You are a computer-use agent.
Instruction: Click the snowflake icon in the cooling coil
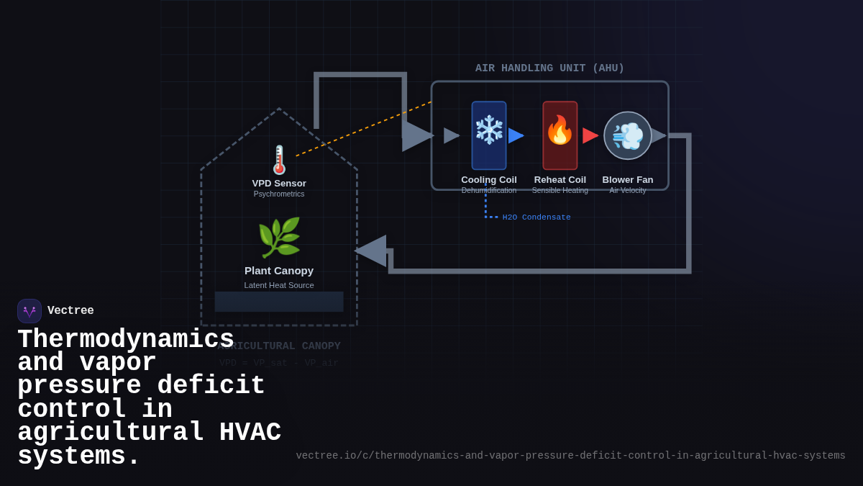[489, 130]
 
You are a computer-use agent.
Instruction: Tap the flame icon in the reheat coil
[560, 130]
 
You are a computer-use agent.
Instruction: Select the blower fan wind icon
[628, 135]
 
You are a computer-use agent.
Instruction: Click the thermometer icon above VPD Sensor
[279, 160]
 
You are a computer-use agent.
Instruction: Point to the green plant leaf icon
[279, 238]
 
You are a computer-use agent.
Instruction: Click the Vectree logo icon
[29, 311]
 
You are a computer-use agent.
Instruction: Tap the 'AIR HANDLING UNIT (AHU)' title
[549, 68]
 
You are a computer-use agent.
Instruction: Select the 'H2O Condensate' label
[536, 217]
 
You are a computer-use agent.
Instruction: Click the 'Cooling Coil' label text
[489, 180]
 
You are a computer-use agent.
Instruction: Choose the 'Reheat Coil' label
[560, 180]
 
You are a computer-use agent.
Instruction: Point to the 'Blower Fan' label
[628, 180]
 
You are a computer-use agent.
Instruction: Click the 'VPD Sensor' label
[279, 184]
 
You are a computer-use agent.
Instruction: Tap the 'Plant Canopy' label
[279, 271]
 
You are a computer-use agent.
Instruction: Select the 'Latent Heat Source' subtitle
[279, 285]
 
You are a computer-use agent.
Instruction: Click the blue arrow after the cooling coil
[516, 135]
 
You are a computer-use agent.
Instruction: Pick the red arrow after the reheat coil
[590, 135]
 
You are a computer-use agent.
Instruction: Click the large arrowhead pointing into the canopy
[371, 251]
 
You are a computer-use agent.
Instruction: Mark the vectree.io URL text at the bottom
[570, 456]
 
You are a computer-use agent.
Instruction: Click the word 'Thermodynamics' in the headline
[126, 339]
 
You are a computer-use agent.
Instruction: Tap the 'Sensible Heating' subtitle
[560, 191]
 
